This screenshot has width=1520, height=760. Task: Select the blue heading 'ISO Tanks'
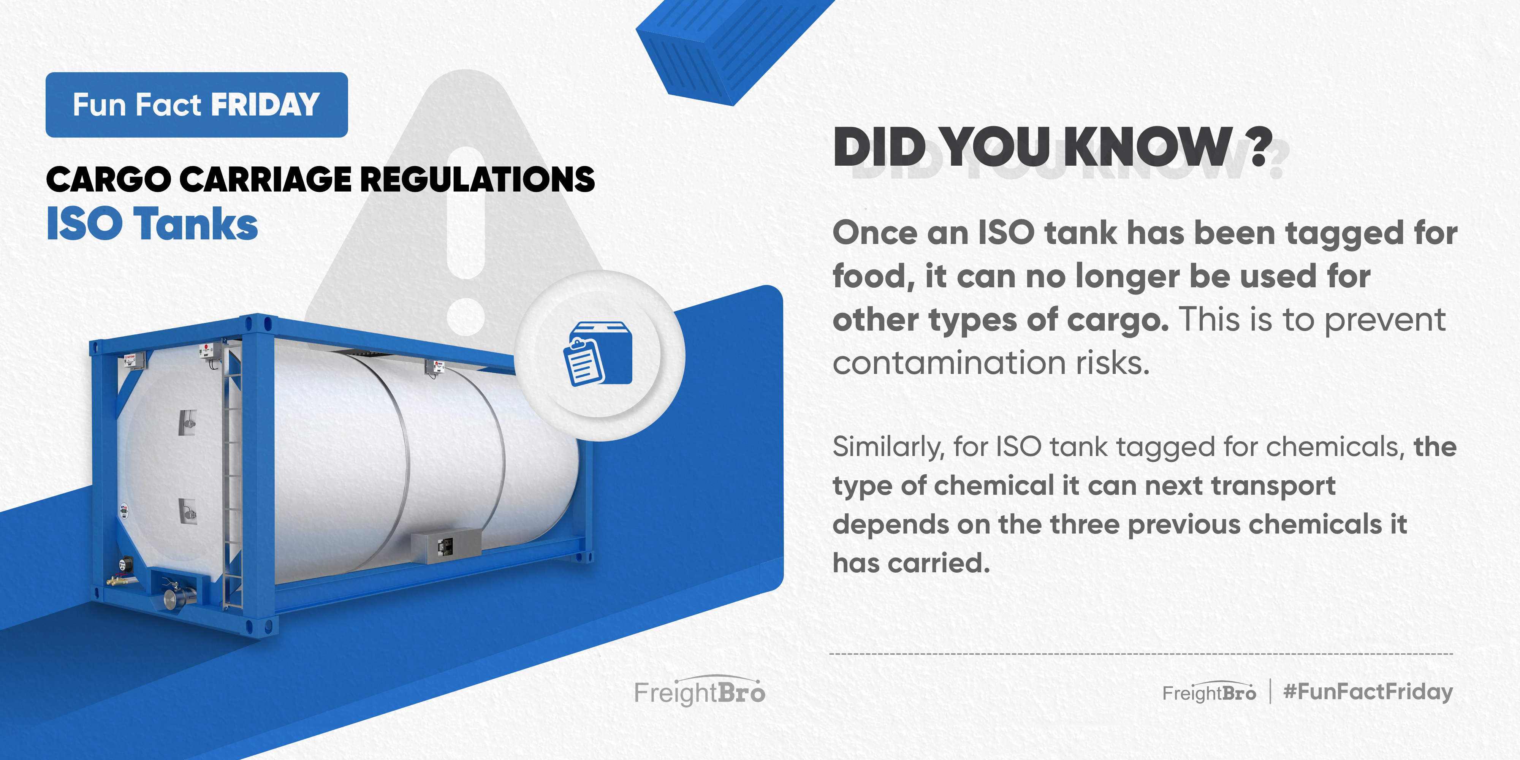click(152, 224)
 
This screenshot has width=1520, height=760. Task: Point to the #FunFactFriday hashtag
click(1368, 692)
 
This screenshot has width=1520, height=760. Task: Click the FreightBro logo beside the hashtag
click(1209, 692)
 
